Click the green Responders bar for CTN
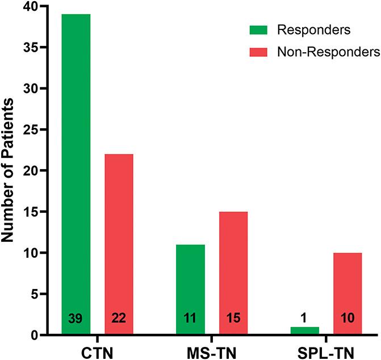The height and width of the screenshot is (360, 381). (x=76, y=170)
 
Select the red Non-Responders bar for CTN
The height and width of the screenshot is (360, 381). (x=118, y=238)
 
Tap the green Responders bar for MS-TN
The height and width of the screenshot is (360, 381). (x=190, y=284)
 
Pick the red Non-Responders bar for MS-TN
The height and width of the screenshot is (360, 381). (x=233, y=267)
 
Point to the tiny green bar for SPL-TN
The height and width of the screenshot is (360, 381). (x=305, y=330)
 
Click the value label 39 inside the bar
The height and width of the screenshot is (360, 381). (x=76, y=319)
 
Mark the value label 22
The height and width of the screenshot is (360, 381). (x=118, y=319)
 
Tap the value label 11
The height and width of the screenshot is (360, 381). (x=190, y=319)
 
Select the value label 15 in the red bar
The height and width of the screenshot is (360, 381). (x=233, y=319)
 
